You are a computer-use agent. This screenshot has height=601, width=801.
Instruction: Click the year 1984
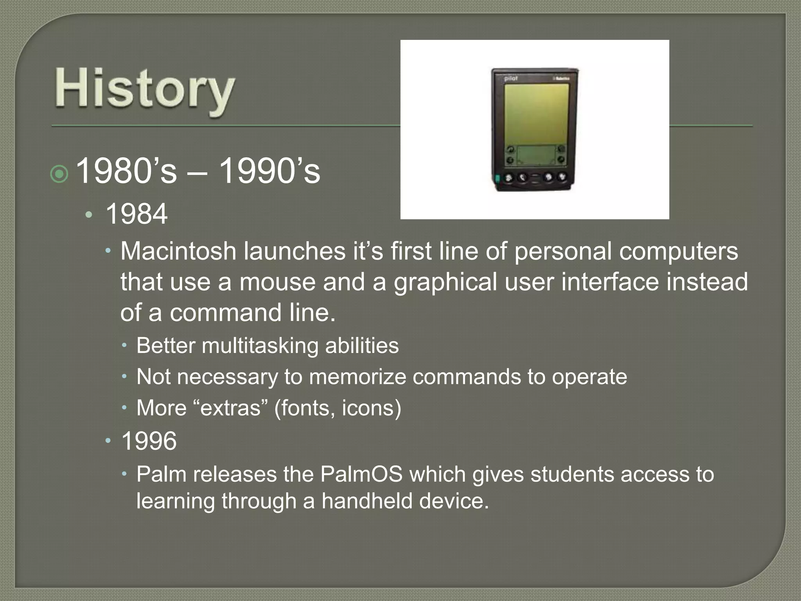tap(136, 214)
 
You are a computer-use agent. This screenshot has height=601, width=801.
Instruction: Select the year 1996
tap(149, 441)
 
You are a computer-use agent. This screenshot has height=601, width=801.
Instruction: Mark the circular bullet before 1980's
tap(60, 175)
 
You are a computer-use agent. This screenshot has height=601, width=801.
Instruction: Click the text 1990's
tap(269, 171)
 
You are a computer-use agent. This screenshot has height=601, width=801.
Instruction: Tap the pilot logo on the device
tap(511, 79)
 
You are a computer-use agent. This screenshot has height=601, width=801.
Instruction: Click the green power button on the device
tap(497, 179)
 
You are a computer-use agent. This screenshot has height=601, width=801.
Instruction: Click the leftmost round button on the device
tap(508, 178)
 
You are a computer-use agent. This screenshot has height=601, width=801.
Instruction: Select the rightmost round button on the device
tap(562, 177)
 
